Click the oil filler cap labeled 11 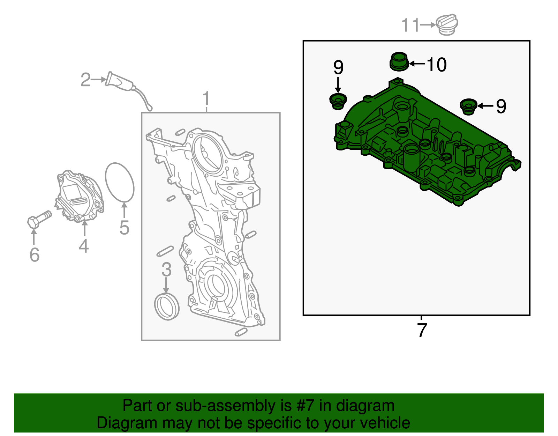[x=447, y=25]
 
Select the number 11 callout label [x=410, y=25]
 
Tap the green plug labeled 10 [x=399, y=61]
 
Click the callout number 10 [x=437, y=65]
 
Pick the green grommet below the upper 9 [x=338, y=101]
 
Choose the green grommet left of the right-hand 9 [x=468, y=106]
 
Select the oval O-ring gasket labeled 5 [x=120, y=183]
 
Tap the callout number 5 [x=124, y=227]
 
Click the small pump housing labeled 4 [x=80, y=197]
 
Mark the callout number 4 [x=84, y=246]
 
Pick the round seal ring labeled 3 [x=167, y=307]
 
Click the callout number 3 [x=166, y=269]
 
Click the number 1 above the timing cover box [x=206, y=98]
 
